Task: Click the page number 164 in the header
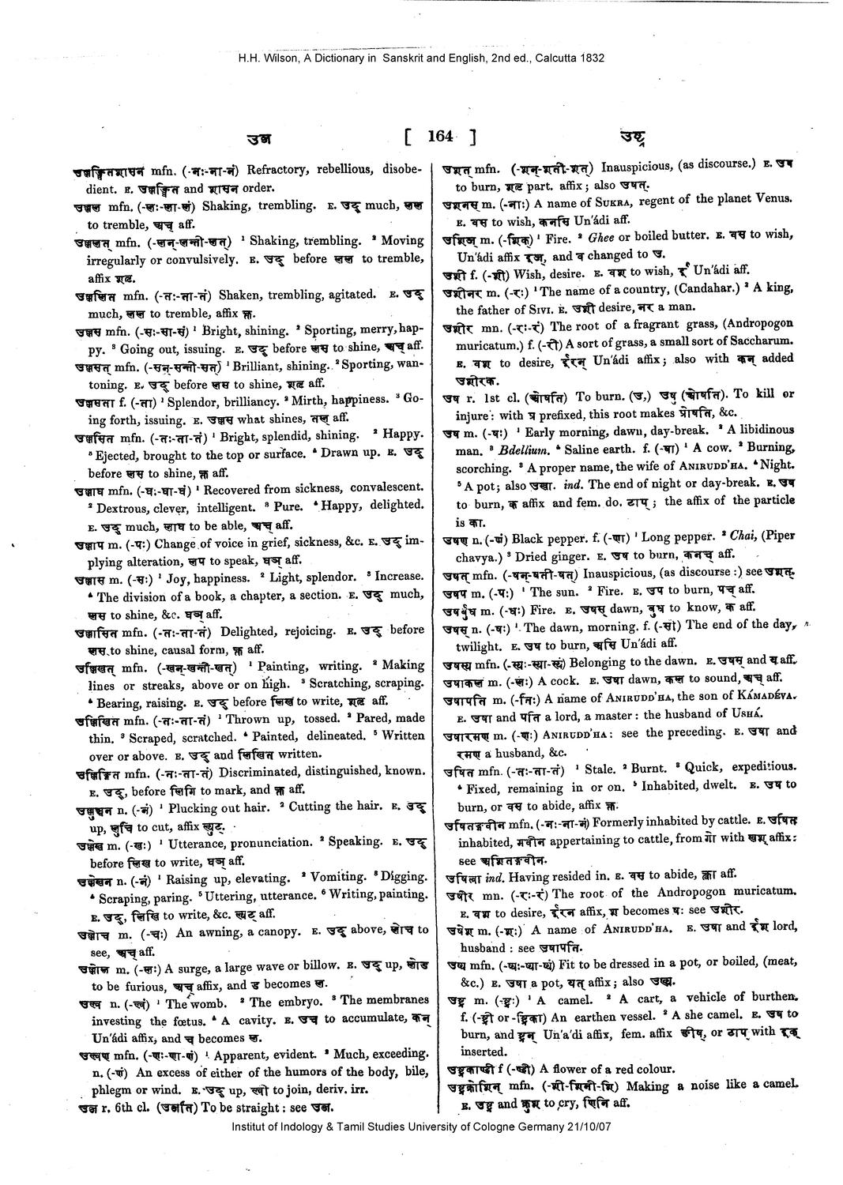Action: click(x=439, y=136)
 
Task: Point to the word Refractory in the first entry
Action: click(x=277, y=169)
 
